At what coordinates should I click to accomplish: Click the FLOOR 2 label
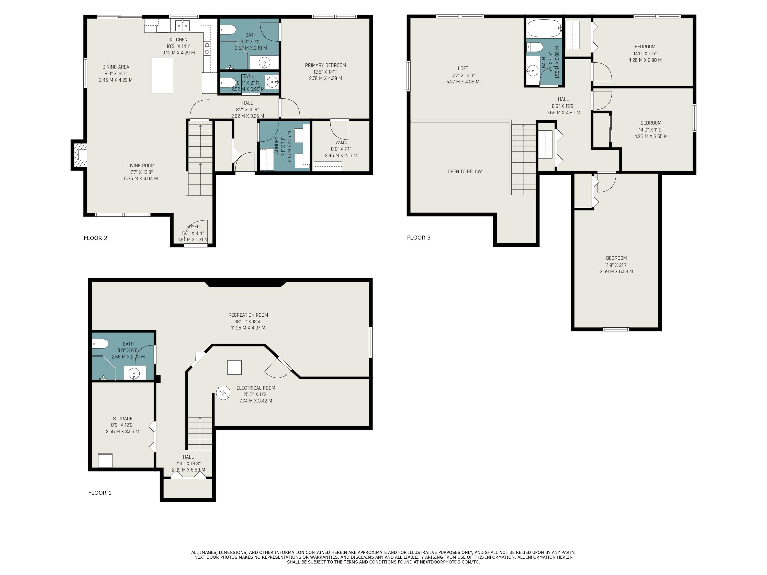(95, 238)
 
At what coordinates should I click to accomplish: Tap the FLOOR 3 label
(419, 237)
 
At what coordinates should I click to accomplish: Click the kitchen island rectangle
(162, 75)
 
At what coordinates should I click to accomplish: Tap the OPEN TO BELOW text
(465, 171)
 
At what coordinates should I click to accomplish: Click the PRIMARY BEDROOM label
(325, 65)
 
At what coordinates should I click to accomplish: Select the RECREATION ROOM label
(248, 315)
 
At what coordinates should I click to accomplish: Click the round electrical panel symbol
(223, 393)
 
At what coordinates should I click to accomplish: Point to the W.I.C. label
(341, 142)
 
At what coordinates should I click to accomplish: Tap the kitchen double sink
(182, 25)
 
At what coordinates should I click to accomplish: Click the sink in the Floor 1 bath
(134, 373)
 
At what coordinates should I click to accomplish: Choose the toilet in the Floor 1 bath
(100, 344)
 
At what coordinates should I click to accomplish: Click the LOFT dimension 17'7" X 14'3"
(463, 75)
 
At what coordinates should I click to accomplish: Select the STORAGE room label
(122, 418)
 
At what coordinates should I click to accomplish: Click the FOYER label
(193, 227)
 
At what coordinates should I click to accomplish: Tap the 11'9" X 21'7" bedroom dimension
(616, 265)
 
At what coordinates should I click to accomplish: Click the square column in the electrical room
(234, 367)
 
